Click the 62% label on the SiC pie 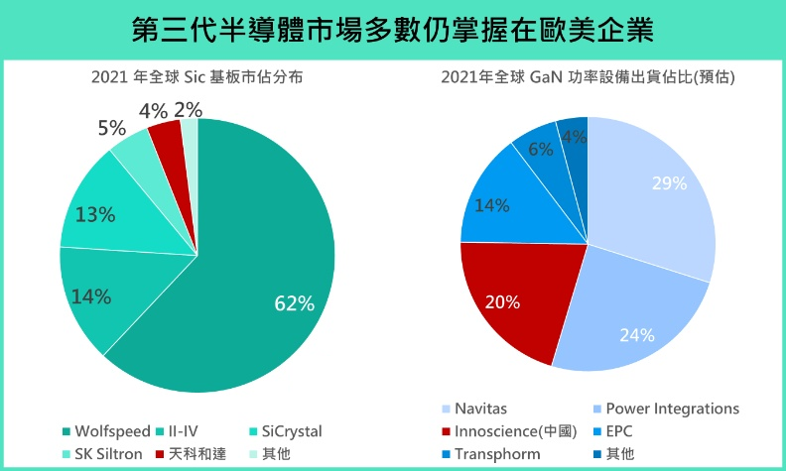295,303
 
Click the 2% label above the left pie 189,109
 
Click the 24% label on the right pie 636,334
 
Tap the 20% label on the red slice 500,302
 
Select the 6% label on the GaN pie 540,149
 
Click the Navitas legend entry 481,409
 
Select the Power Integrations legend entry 672,409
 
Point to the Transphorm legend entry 496,454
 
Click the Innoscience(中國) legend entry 511,431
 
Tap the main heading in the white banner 393,29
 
